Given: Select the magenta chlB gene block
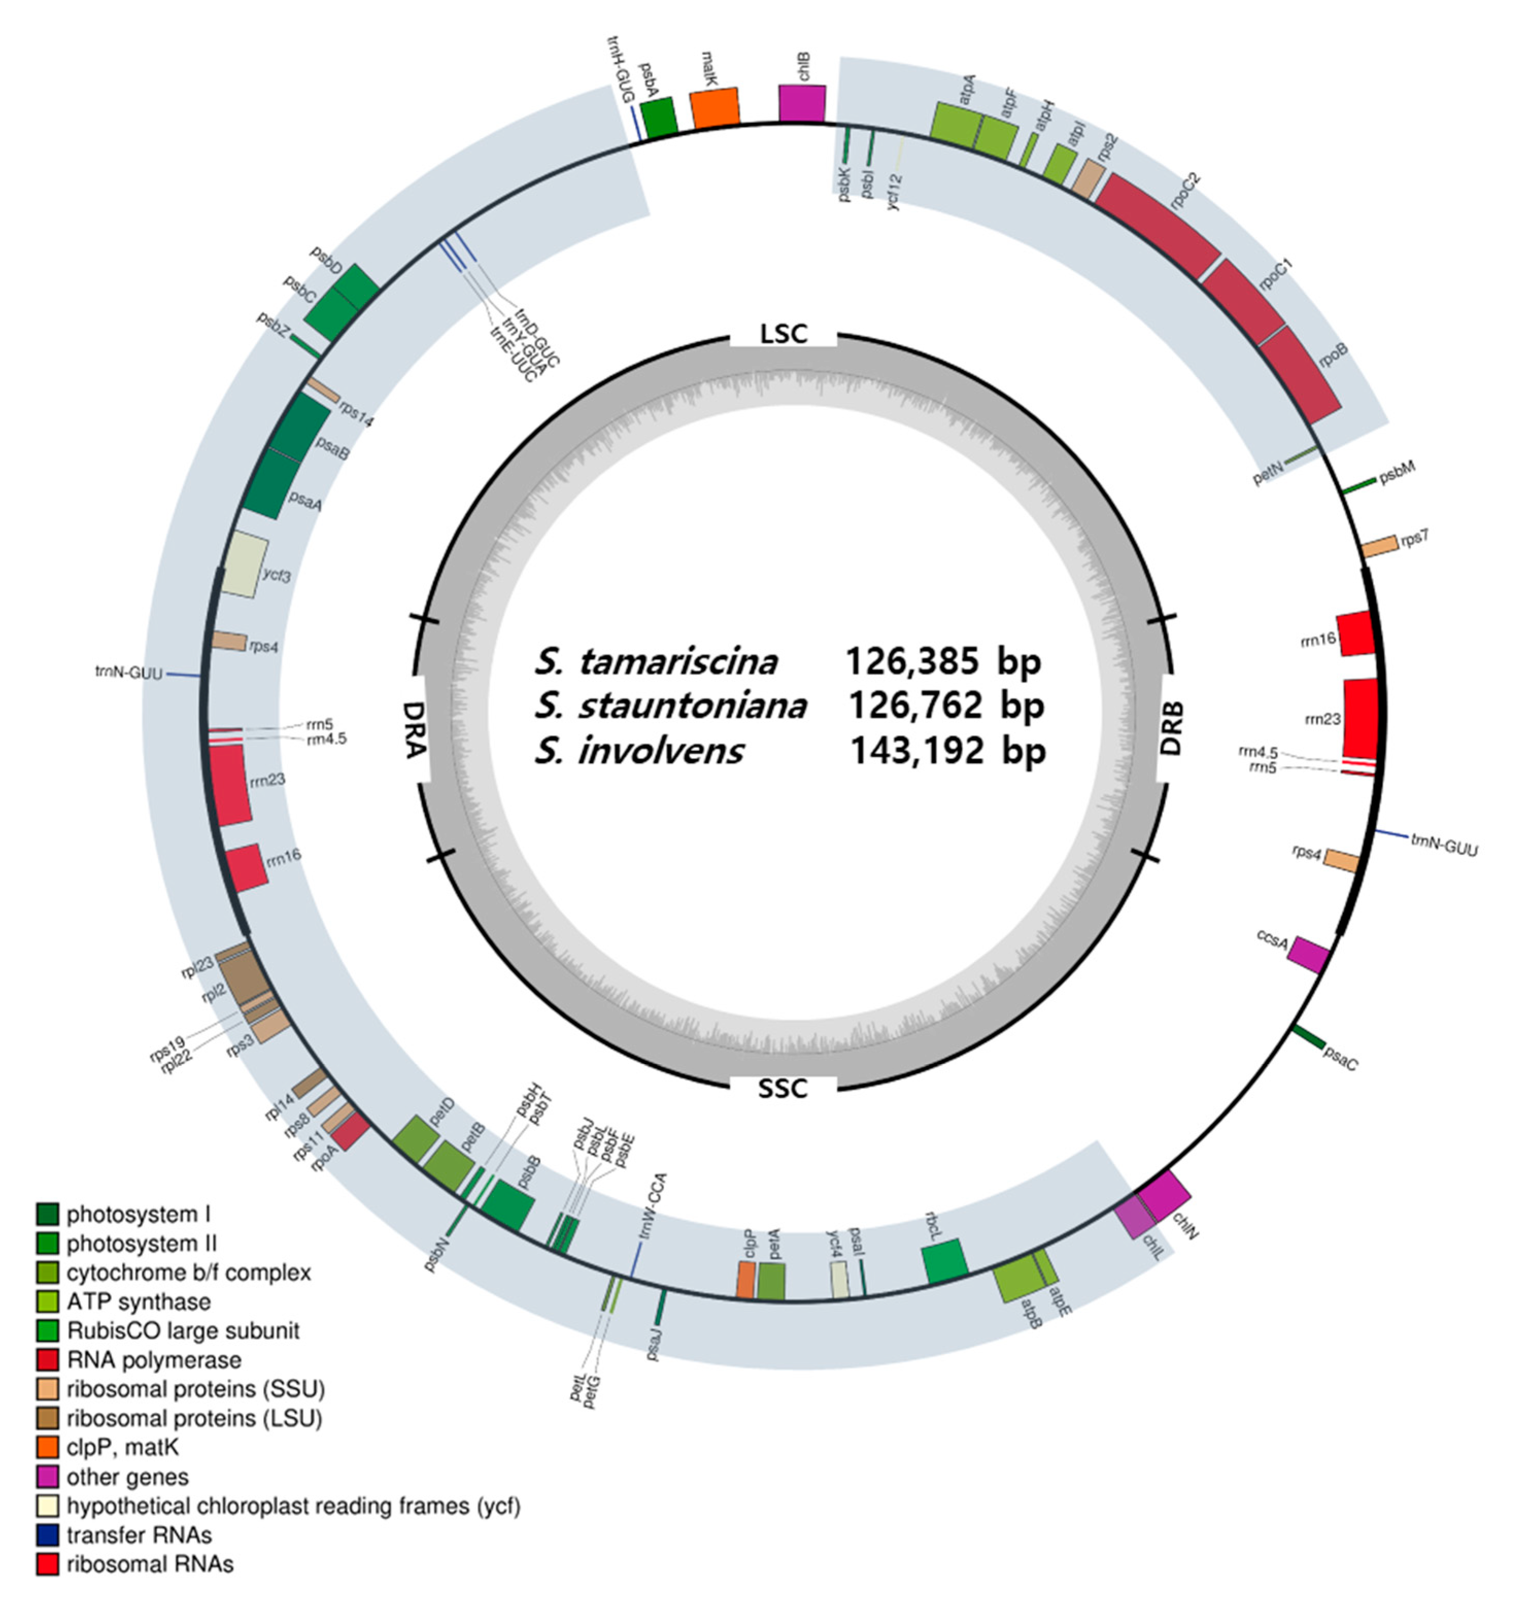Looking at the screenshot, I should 802,104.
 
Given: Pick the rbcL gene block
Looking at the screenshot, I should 945,1261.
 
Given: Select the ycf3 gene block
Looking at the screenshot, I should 245,564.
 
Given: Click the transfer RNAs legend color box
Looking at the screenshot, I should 48,1534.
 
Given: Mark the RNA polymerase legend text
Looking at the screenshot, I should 153,1360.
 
